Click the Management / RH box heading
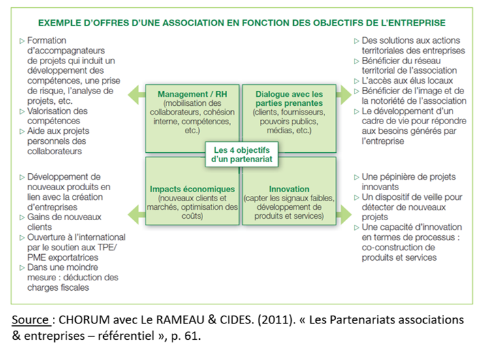pyautogui.click(x=192, y=94)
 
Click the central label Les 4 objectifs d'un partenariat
pyautogui.click(x=241, y=154)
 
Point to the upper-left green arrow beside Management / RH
pyautogui.click(x=135, y=95)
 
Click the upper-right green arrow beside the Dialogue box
pyautogui.click(x=346, y=95)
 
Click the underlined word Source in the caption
pyautogui.click(x=29, y=319)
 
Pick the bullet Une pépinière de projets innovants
pyautogui.click(x=408, y=182)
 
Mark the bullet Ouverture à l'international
pyautogui.click(x=76, y=237)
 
